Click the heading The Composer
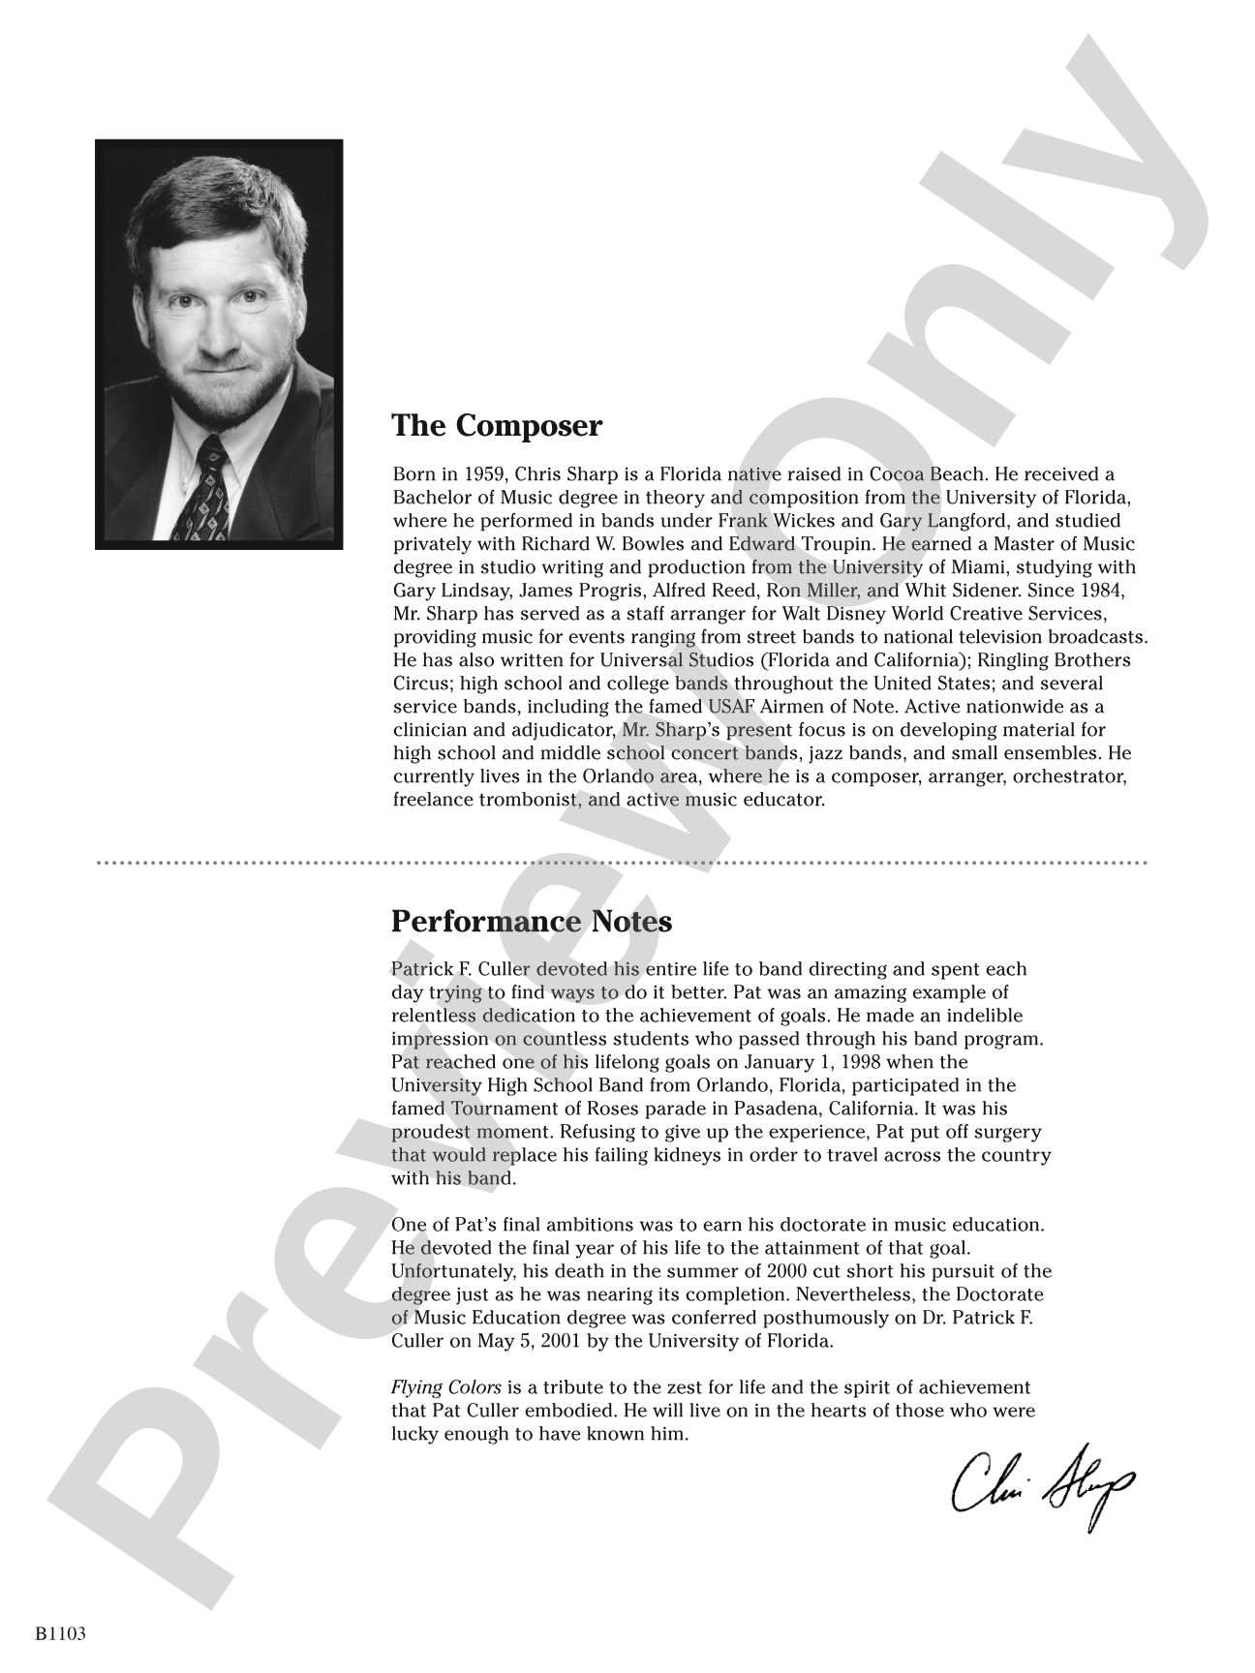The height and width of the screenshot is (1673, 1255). click(496, 426)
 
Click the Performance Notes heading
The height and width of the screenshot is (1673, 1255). click(531, 921)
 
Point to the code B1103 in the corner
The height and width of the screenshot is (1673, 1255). click(61, 1634)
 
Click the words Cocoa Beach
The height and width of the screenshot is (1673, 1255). click(924, 474)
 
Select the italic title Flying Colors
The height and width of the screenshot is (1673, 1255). click(445, 1387)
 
